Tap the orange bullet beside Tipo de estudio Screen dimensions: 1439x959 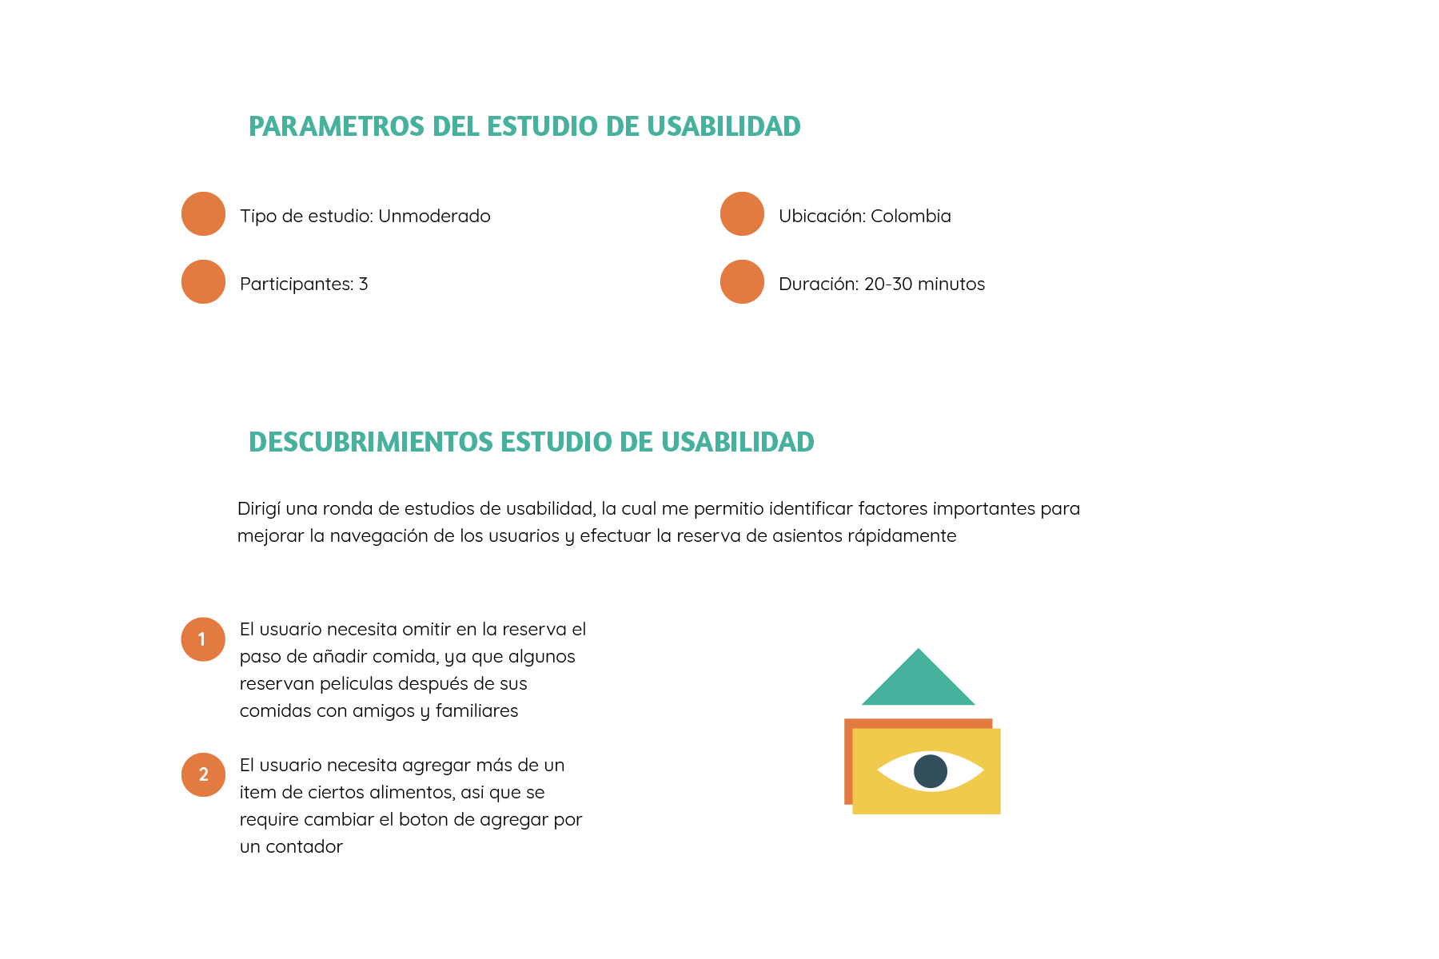click(x=203, y=214)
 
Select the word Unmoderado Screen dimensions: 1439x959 click(x=434, y=216)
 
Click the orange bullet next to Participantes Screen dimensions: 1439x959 click(x=203, y=282)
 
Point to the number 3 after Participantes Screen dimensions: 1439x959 click(x=364, y=284)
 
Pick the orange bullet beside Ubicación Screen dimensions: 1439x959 click(x=742, y=214)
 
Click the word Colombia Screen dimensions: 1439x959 click(x=911, y=216)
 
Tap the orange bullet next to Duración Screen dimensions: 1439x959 click(x=742, y=282)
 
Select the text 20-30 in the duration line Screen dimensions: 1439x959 click(x=888, y=284)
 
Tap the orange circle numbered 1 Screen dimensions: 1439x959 click(x=203, y=639)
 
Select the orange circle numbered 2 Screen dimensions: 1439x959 click(x=203, y=774)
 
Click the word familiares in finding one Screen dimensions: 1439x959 click(x=476, y=711)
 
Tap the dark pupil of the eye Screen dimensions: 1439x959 click(x=931, y=771)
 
